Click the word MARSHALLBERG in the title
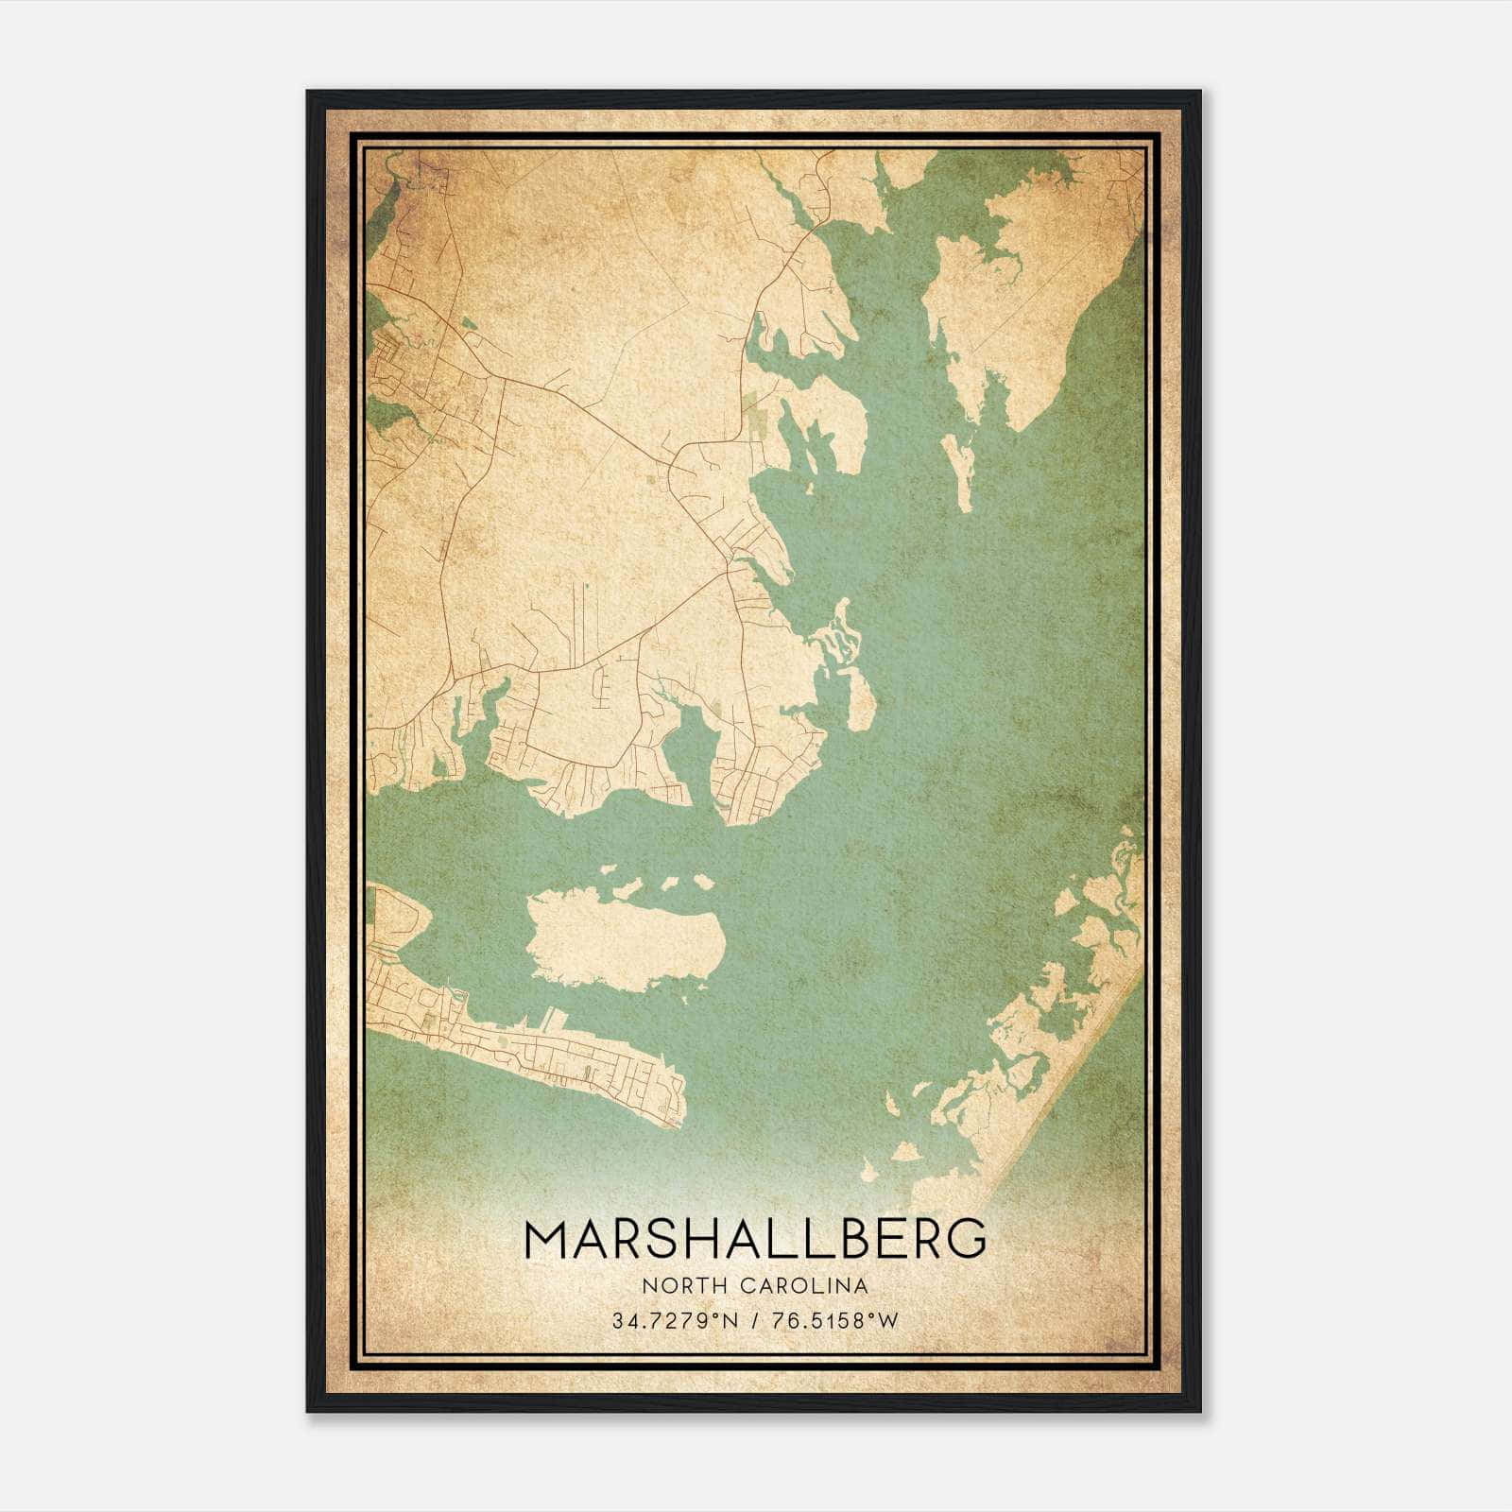(x=755, y=1238)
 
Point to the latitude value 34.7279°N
(x=674, y=1320)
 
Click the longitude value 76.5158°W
(x=834, y=1320)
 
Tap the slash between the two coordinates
(x=754, y=1320)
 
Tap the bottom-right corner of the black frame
(x=1199, y=1411)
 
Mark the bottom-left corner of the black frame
(x=308, y=1411)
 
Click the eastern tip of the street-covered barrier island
(x=680, y=1120)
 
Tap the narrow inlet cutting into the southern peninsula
(x=690, y=747)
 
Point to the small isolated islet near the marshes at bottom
(x=904, y=1151)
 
